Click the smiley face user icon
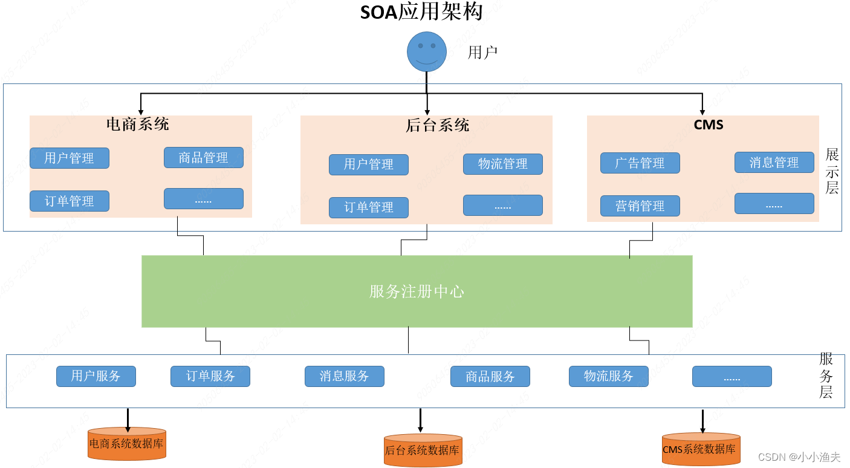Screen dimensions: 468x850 [x=426, y=51]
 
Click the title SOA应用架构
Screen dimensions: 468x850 [x=421, y=12]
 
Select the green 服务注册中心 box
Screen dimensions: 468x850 [x=417, y=291]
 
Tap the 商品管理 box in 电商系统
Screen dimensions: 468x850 [x=203, y=158]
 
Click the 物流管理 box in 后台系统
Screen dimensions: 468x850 [x=502, y=164]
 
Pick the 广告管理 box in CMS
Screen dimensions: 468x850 [x=640, y=163]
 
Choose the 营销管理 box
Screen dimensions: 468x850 [x=640, y=206]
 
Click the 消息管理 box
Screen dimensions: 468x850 [x=774, y=163]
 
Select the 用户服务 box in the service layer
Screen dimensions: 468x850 [x=96, y=376]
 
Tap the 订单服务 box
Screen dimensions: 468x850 [x=210, y=376]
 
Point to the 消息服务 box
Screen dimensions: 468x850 [x=344, y=376]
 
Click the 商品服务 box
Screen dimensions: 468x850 [x=490, y=377]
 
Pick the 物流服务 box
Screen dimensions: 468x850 [x=608, y=376]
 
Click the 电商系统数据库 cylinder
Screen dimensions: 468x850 [x=126, y=444]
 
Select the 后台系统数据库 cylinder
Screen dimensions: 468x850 [x=423, y=450]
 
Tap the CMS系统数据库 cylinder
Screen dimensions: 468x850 [x=701, y=449]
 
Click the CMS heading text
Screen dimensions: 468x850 [x=709, y=125]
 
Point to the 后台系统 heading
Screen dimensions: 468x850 [x=437, y=125]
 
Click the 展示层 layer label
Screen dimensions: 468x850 [x=832, y=171]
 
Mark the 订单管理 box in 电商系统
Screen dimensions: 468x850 [x=69, y=201]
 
